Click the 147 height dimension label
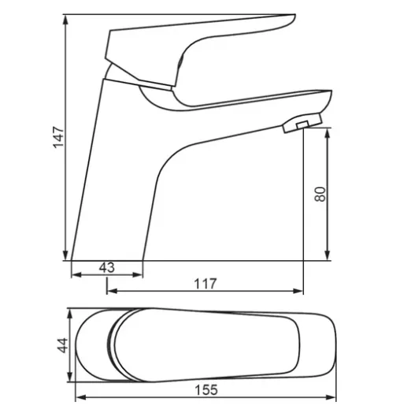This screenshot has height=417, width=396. tap(59, 137)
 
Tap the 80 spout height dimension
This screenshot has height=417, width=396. tap(320, 194)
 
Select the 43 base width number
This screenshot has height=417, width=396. tap(107, 267)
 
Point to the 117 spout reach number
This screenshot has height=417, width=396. tap(205, 284)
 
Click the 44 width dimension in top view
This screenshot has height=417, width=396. tap(63, 345)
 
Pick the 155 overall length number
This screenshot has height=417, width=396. tap(206, 390)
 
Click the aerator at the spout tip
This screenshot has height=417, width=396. tap(302, 123)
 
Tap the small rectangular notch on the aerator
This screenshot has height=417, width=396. tap(302, 125)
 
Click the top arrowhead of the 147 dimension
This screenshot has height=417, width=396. tap(65, 20)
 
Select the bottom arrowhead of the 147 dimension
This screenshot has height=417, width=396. tap(65, 255)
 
